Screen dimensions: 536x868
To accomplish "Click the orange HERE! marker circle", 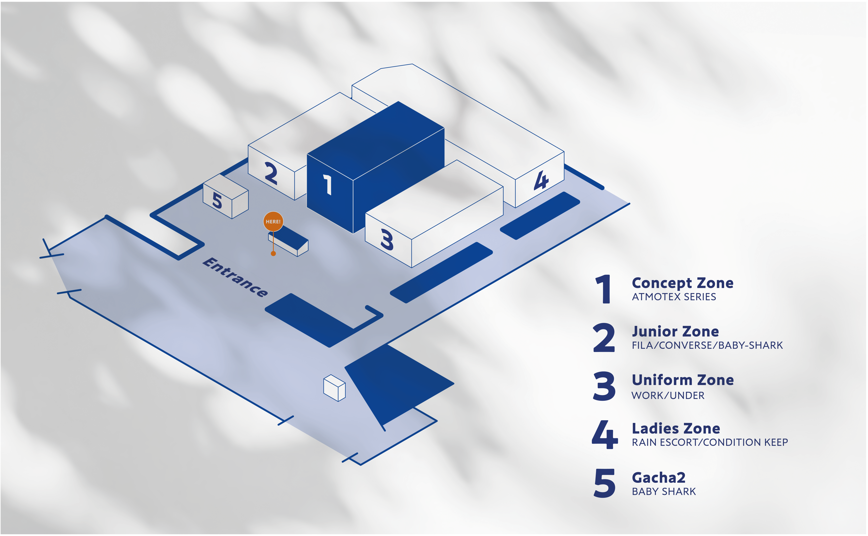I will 273,221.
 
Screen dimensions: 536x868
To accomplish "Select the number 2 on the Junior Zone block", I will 271,173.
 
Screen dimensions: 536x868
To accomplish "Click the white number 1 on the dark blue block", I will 328,184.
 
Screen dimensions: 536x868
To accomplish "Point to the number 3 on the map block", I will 387,240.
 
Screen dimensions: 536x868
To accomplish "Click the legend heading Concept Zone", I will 682,283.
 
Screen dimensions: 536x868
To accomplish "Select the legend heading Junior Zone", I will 675,332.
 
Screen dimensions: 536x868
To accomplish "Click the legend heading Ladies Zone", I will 676,429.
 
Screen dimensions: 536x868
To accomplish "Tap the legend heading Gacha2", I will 658,478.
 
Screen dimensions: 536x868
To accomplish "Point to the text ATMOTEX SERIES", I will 674,297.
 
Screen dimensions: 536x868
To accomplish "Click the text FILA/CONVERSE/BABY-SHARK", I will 707,345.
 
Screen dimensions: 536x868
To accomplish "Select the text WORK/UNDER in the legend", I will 668,395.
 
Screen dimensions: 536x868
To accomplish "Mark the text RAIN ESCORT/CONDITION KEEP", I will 710,442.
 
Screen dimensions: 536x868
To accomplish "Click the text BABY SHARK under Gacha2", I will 664,491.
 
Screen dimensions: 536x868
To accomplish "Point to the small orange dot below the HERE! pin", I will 273,253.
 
